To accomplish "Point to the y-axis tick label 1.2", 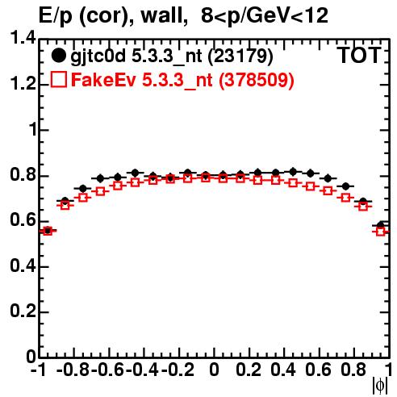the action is coord(23,83).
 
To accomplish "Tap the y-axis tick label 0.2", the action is coord(23,311).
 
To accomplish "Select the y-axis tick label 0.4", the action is coord(23,265).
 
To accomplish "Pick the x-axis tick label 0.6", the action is coord(318,370).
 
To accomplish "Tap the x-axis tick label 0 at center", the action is coord(214,370).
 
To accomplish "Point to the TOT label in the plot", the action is coord(359,55).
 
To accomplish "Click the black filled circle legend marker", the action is coord(58,56).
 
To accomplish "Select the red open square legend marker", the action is coord(59,79).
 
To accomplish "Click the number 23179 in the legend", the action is coord(240,56).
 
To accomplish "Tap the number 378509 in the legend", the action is coord(257,80).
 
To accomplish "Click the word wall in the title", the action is coord(165,15).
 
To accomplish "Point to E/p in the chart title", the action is coord(56,16).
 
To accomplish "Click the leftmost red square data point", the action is coord(48,231).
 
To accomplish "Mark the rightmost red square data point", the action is coord(381,232).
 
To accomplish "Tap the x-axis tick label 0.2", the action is coord(249,370).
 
